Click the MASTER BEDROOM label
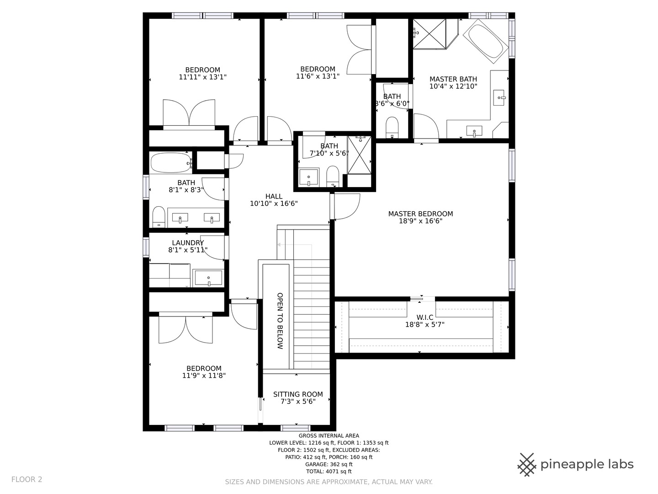click(x=420, y=214)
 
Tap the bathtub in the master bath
click(x=486, y=41)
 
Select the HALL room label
click(x=274, y=197)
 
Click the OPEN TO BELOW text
click(x=280, y=321)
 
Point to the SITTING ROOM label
click(x=298, y=394)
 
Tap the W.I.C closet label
click(x=425, y=317)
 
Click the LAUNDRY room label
click(x=188, y=242)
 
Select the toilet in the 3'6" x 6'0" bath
click(x=392, y=127)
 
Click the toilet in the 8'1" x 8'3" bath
click(x=159, y=216)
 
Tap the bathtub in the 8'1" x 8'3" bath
click(x=171, y=163)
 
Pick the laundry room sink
click(x=209, y=278)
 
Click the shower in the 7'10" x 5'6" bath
click(x=359, y=155)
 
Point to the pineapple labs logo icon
click(x=527, y=465)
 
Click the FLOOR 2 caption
click(x=27, y=479)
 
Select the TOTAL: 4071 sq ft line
click(x=329, y=471)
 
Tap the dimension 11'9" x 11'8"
click(x=204, y=375)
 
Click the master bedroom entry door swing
click(x=347, y=207)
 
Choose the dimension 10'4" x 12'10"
click(x=453, y=86)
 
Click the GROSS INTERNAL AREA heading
click(x=329, y=436)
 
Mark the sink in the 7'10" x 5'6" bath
click(x=309, y=177)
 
